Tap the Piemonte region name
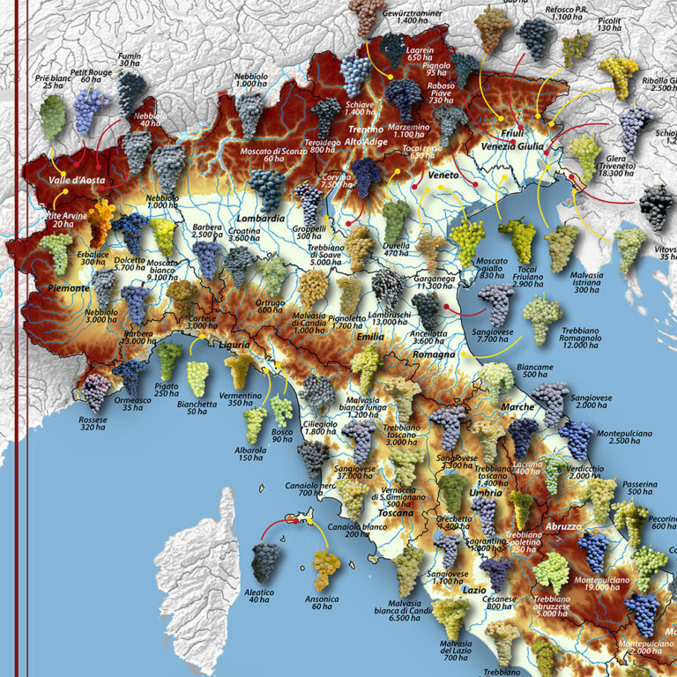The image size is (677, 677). click(x=67, y=287)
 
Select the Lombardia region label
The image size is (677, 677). click(x=261, y=218)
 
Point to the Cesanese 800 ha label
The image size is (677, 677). click(x=499, y=603)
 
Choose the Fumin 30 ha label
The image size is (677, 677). click(x=130, y=59)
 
